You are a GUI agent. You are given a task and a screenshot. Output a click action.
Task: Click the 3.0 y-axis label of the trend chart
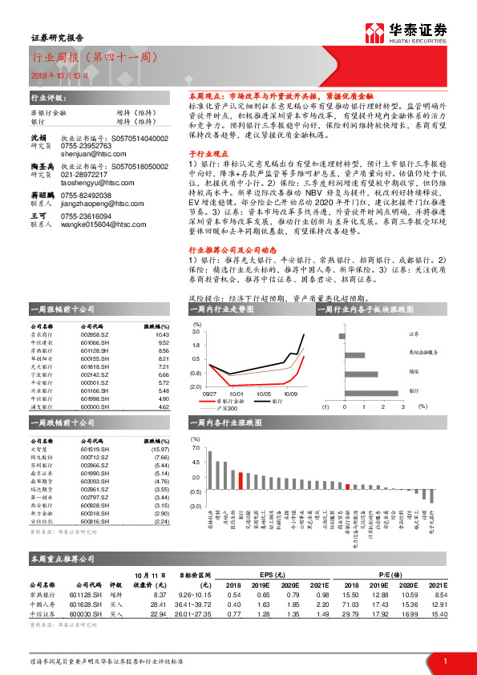pos(196,332)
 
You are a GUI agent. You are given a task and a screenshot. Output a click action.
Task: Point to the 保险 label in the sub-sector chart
pos(414,370)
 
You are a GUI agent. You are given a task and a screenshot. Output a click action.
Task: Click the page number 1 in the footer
pos(444,661)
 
